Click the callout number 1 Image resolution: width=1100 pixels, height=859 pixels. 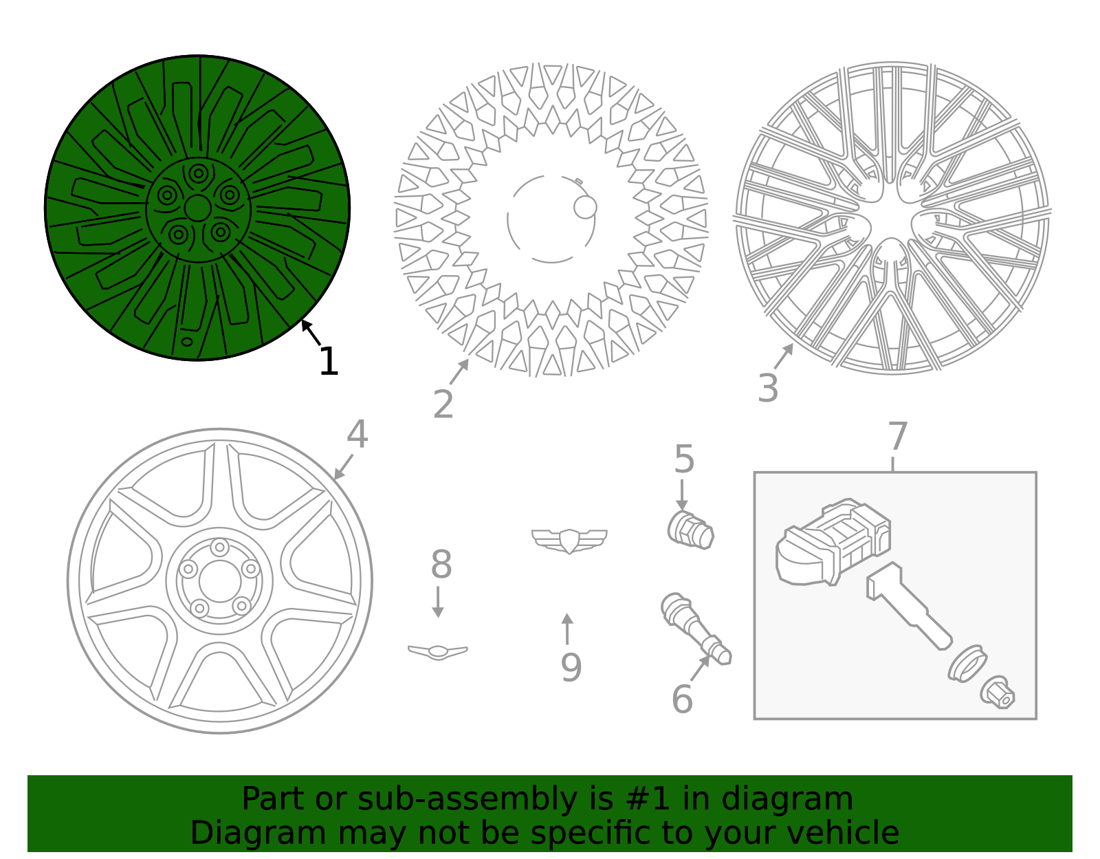pyautogui.click(x=329, y=362)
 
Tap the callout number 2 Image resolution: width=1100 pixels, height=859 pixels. pyautogui.click(x=443, y=404)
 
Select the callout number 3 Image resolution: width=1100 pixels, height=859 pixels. pyautogui.click(x=768, y=389)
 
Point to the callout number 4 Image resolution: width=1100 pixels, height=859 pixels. pyautogui.click(x=357, y=434)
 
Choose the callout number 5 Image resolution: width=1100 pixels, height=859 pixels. pyautogui.click(x=684, y=459)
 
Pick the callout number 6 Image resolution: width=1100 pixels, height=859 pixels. pyautogui.click(x=682, y=699)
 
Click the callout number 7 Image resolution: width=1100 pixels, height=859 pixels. pyautogui.click(x=898, y=436)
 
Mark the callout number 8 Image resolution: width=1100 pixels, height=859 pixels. pyautogui.click(x=441, y=564)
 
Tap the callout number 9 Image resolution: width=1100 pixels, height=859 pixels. pyautogui.click(x=571, y=668)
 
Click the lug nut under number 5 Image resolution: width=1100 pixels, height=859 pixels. pyautogui.click(x=690, y=530)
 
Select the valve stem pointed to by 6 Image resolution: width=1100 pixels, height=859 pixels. pyautogui.click(x=696, y=629)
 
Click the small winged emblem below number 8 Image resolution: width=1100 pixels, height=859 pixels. pyautogui.click(x=438, y=652)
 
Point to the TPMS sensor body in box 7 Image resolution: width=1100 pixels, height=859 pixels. pyautogui.click(x=833, y=542)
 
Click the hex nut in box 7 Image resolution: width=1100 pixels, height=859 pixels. pyautogui.click(x=998, y=692)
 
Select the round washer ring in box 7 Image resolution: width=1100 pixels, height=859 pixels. pyautogui.click(x=967, y=664)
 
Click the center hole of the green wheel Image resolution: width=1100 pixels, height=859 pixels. pyautogui.click(x=197, y=208)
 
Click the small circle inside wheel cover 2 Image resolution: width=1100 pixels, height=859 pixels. pyautogui.click(x=585, y=207)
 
